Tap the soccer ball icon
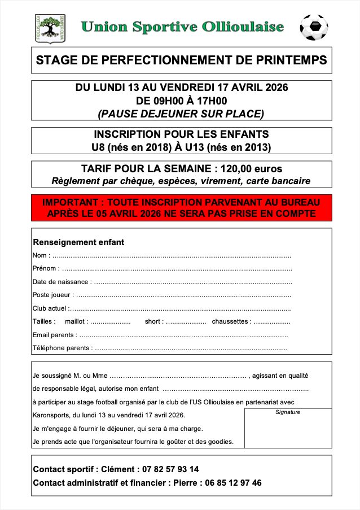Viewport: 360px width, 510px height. [x=314, y=27]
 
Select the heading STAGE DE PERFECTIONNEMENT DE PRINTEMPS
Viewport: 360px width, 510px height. [x=181, y=60]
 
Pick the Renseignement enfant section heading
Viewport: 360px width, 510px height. [x=78, y=242]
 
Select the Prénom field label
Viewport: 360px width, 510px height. [x=45, y=268]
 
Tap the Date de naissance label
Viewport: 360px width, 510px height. [x=61, y=281]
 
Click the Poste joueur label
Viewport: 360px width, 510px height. [x=52, y=294]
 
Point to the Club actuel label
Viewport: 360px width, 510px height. [x=50, y=308]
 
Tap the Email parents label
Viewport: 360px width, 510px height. [x=54, y=335]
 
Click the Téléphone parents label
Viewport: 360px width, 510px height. [x=61, y=348]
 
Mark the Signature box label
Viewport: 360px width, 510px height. [x=288, y=412]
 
